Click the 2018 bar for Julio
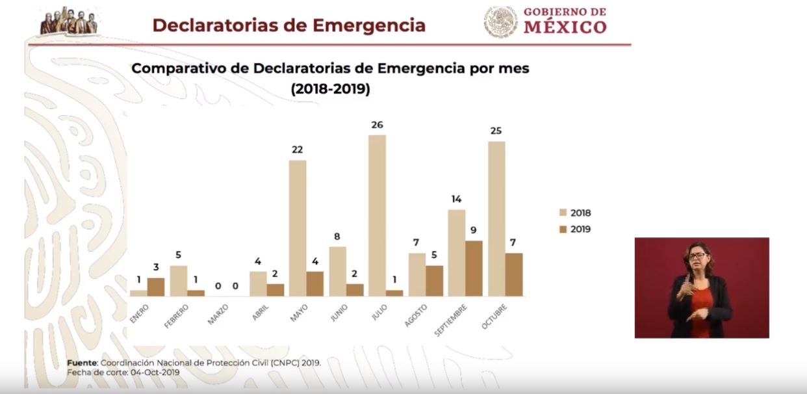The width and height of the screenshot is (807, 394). click(x=377, y=215)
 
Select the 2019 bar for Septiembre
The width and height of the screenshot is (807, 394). click(x=474, y=269)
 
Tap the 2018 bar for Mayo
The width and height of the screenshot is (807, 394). click(x=298, y=228)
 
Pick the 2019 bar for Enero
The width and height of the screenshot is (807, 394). click(x=156, y=287)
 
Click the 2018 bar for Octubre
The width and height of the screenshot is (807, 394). click(x=496, y=218)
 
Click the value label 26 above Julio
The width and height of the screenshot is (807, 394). click(x=377, y=124)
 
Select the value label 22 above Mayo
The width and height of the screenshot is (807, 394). click(x=297, y=150)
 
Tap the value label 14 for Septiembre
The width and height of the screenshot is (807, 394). click(x=457, y=199)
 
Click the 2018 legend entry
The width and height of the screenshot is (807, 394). click(x=574, y=213)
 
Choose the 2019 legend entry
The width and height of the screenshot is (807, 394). click(x=574, y=229)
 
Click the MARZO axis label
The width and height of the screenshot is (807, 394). click(x=218, y=311)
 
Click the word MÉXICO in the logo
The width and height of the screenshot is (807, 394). click(x=565, y=27)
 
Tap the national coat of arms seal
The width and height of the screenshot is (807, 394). click(x=501, y=21)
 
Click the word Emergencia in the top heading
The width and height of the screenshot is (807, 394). click(x=370, y=25)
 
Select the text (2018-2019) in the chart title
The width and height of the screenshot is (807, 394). click(x=331, y=90)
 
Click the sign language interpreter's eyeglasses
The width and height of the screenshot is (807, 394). click(x=696, y=256)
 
